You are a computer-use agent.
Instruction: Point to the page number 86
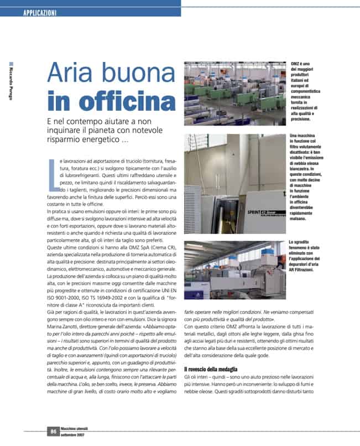tap(54, 432)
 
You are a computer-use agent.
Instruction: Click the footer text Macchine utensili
tap(75, 428)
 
